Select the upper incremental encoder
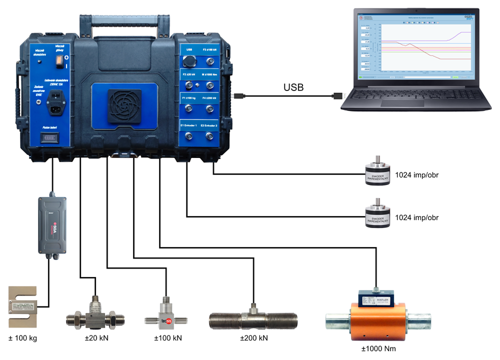[x=378, y=175]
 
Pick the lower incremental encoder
[x=378, y=218]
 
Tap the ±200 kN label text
[x=254, y=338]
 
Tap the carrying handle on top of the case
[x=125, y=20]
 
